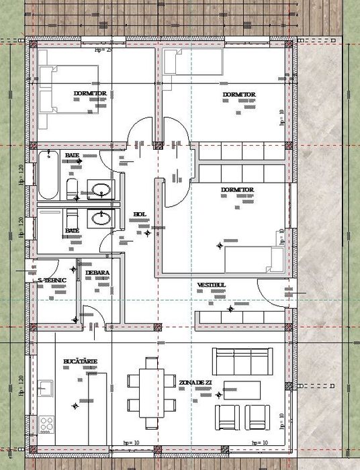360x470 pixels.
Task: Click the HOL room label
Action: (x=140, y=214)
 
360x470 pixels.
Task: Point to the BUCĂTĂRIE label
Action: (x=81, y=361)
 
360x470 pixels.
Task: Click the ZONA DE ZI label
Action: (x=195, y=382)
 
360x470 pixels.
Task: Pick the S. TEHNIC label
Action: (x=52, y=279)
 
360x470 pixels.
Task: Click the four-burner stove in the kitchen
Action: (x=47, y=424)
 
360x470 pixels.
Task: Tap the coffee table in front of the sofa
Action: (x=241, y=389)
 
